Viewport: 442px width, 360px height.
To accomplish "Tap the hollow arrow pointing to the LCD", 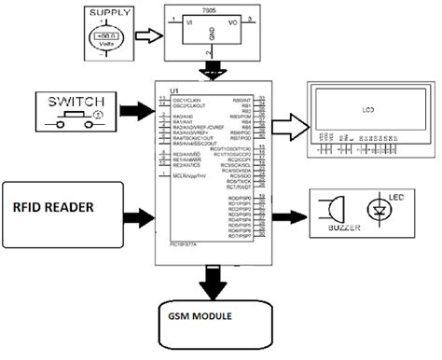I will (x=291, y=123).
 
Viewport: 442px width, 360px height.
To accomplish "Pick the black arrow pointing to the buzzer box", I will (x=291, y=207).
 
